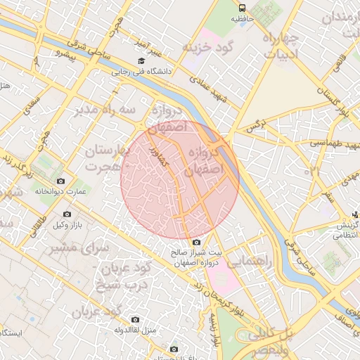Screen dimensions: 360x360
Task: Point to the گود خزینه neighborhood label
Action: tap(210, 47)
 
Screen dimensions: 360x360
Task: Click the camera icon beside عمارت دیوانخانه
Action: tap(60, 181)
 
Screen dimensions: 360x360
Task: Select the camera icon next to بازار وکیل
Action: tap(67, 214)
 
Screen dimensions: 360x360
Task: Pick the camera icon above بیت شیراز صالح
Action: tap(196, 243)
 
